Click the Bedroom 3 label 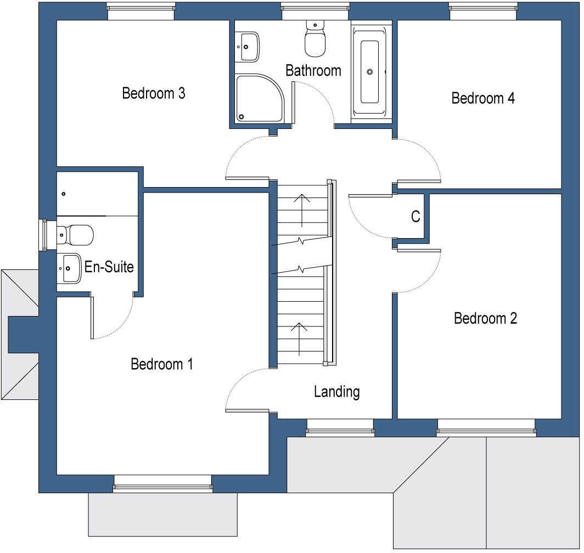click(x=154, y=93)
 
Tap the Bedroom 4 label click(x=483, y=98)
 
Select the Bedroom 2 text click(x=485, y=318)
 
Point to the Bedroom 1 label click(x=162, y=364)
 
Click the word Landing click(x=336, y=392)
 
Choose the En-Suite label click(x=109, y=268)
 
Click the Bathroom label click(x=313, y=70)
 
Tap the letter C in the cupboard click(x=415, y=217)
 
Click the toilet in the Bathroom click(x=315, y=39)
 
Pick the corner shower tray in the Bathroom click(x=258, y=99)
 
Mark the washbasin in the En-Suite click(x=69, y=268)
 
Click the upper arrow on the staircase click(x=301, y=208)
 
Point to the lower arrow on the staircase click(x=299, y=338)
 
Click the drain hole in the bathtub click(x=370, y=71)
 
